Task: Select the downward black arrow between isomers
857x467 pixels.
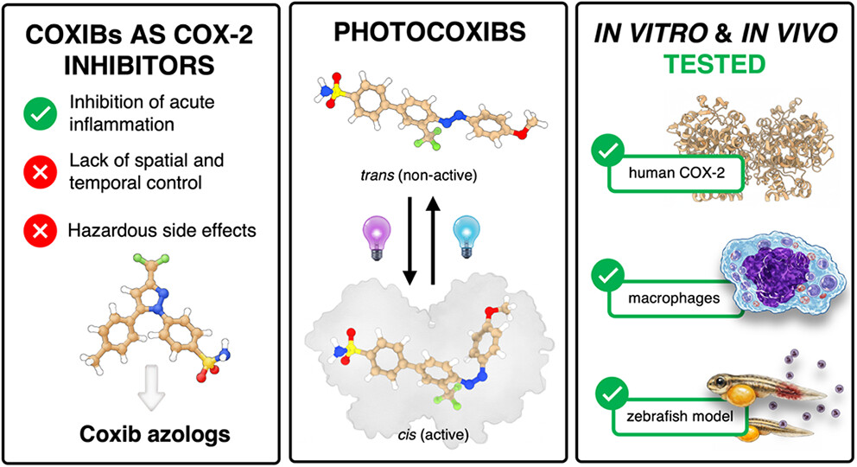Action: coord(409,241)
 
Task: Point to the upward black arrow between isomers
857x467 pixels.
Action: coord(433,241)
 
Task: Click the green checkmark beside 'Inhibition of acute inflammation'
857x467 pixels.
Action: coord(40,114)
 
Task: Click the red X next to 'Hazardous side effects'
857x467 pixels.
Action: coord(40,230)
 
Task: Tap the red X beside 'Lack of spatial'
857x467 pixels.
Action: coord(40,172)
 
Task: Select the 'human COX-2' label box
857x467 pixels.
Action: coord(676,173)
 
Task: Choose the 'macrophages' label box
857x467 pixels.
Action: coord(676,298)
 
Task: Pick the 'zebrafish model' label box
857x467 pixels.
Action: coord(679,417)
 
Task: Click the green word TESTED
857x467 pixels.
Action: coord(714,65)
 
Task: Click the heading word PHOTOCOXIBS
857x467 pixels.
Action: coord(429,32)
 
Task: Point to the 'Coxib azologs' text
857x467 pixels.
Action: coord(155,434)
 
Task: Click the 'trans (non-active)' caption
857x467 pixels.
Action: coord(419,176)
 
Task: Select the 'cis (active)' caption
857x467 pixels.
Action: coord(434,435)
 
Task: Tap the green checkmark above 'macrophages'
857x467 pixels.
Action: coord(608,276)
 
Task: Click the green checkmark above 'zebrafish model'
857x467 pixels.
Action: coord(613,393)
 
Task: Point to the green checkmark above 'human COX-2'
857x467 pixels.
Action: coord(608,150)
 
